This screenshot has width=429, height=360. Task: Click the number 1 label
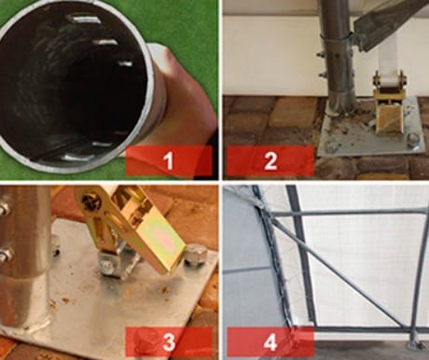pos(168,160)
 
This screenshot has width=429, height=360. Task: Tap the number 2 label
pos(270,160)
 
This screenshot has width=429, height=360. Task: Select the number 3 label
pos(169,342)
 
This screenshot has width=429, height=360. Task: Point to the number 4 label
pos(270,342)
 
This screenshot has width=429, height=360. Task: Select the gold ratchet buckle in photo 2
pos(388,103)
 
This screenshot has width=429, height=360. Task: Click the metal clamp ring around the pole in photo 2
pos(338,38)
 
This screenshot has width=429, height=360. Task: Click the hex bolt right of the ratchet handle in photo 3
pos(194,256)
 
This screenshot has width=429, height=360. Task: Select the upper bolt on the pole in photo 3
pos(5,207)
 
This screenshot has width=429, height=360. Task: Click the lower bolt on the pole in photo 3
pos(7,254)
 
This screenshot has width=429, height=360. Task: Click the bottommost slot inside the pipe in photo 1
pos(77,158)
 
